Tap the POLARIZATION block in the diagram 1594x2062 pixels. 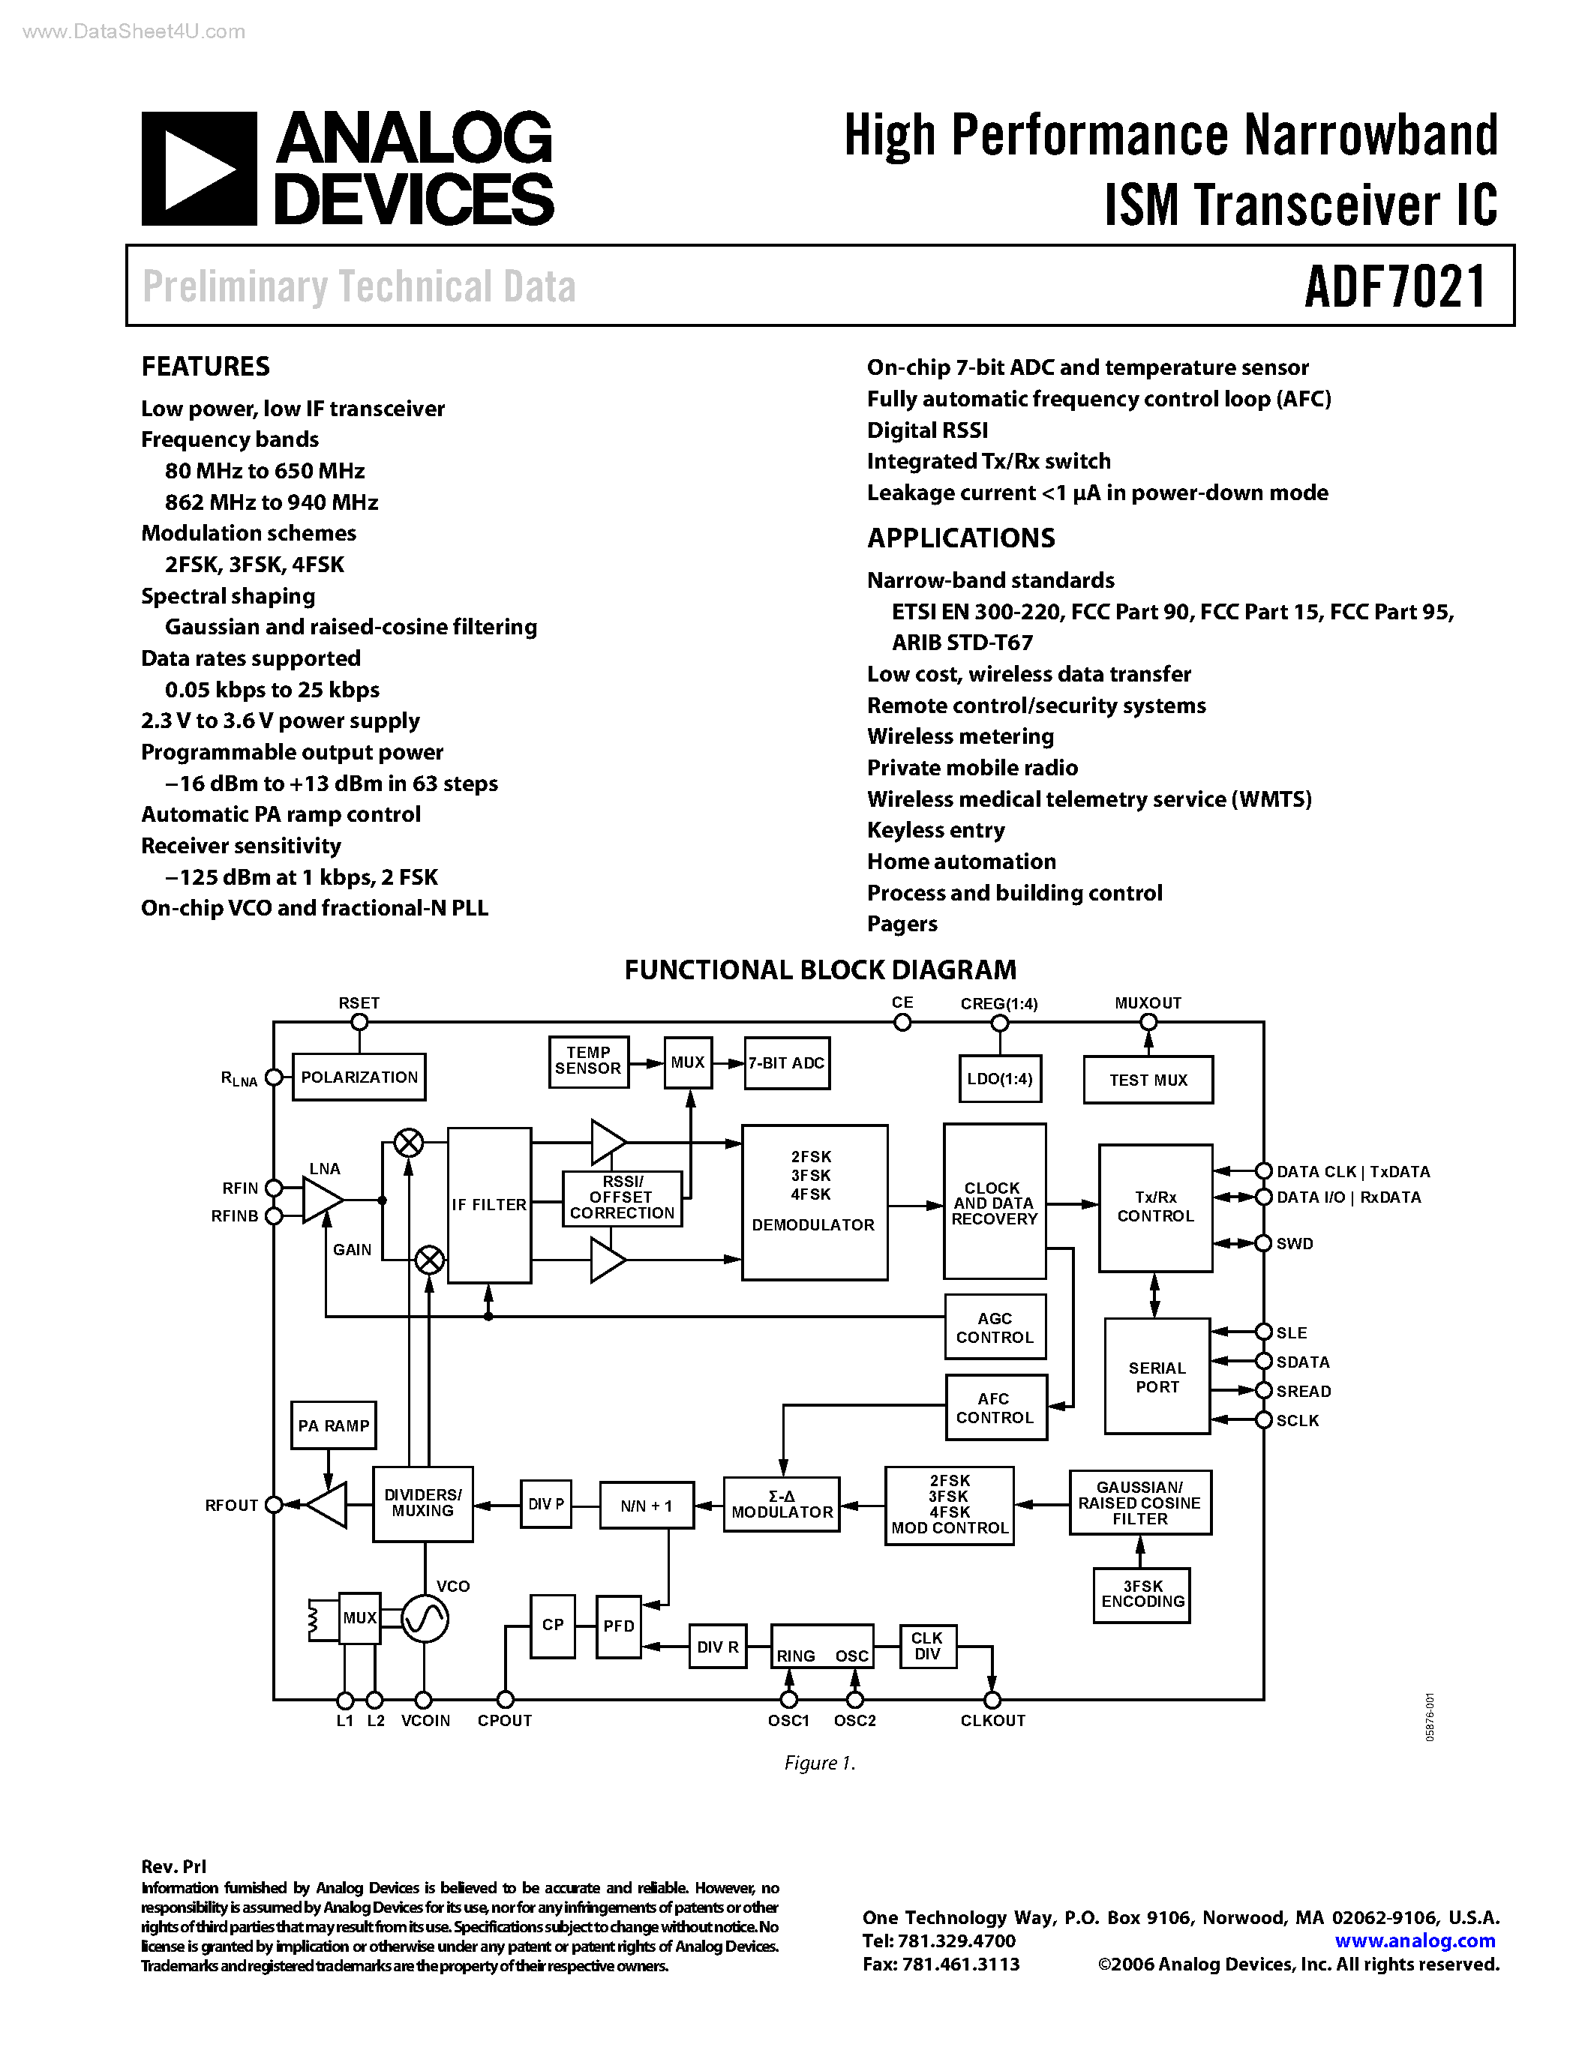pos(359,1077)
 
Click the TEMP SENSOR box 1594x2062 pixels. pos(588,1061)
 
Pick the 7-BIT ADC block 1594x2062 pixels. pos(787,1063)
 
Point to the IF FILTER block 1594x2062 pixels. pos(489,1205)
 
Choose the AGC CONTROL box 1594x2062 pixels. pos(995,1327)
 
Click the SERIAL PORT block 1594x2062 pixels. pos(1157,1377)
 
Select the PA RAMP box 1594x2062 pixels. pos(333,1425)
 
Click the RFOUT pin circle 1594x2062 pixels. pos(274,1505)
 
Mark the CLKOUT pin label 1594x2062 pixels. pos(992,1720)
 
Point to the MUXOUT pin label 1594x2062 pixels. pos(1148,1003)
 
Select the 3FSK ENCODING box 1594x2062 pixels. pos(1142,1595)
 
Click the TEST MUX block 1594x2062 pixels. pos(1148,1080)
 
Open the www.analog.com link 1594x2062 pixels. pos(1415,1941)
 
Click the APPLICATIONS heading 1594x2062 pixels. pos(960,538)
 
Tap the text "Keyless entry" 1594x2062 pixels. pos(936,830)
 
